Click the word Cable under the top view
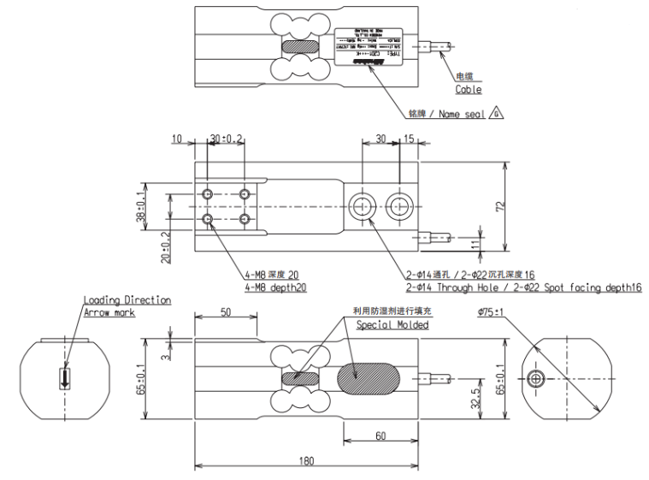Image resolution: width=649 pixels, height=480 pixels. tap(468, 89)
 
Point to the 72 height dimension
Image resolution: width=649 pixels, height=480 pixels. tap(501, 206)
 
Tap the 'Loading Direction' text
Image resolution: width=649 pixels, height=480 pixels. tap(127, 300)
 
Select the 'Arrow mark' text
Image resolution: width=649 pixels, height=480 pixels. tap(109, 312)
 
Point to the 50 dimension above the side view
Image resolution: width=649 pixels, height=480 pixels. tap(225, 313)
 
